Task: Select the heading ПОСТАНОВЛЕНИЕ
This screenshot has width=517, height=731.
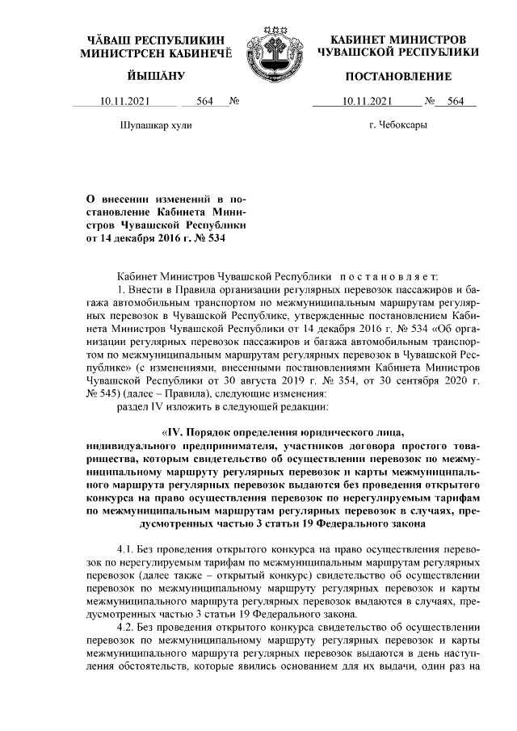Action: pos(398,76)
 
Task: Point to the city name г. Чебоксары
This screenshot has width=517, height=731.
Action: pos(397,126)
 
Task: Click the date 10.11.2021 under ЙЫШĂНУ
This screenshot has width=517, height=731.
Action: pos(125,102)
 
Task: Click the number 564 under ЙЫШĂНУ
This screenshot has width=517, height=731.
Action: pos(204,102)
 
